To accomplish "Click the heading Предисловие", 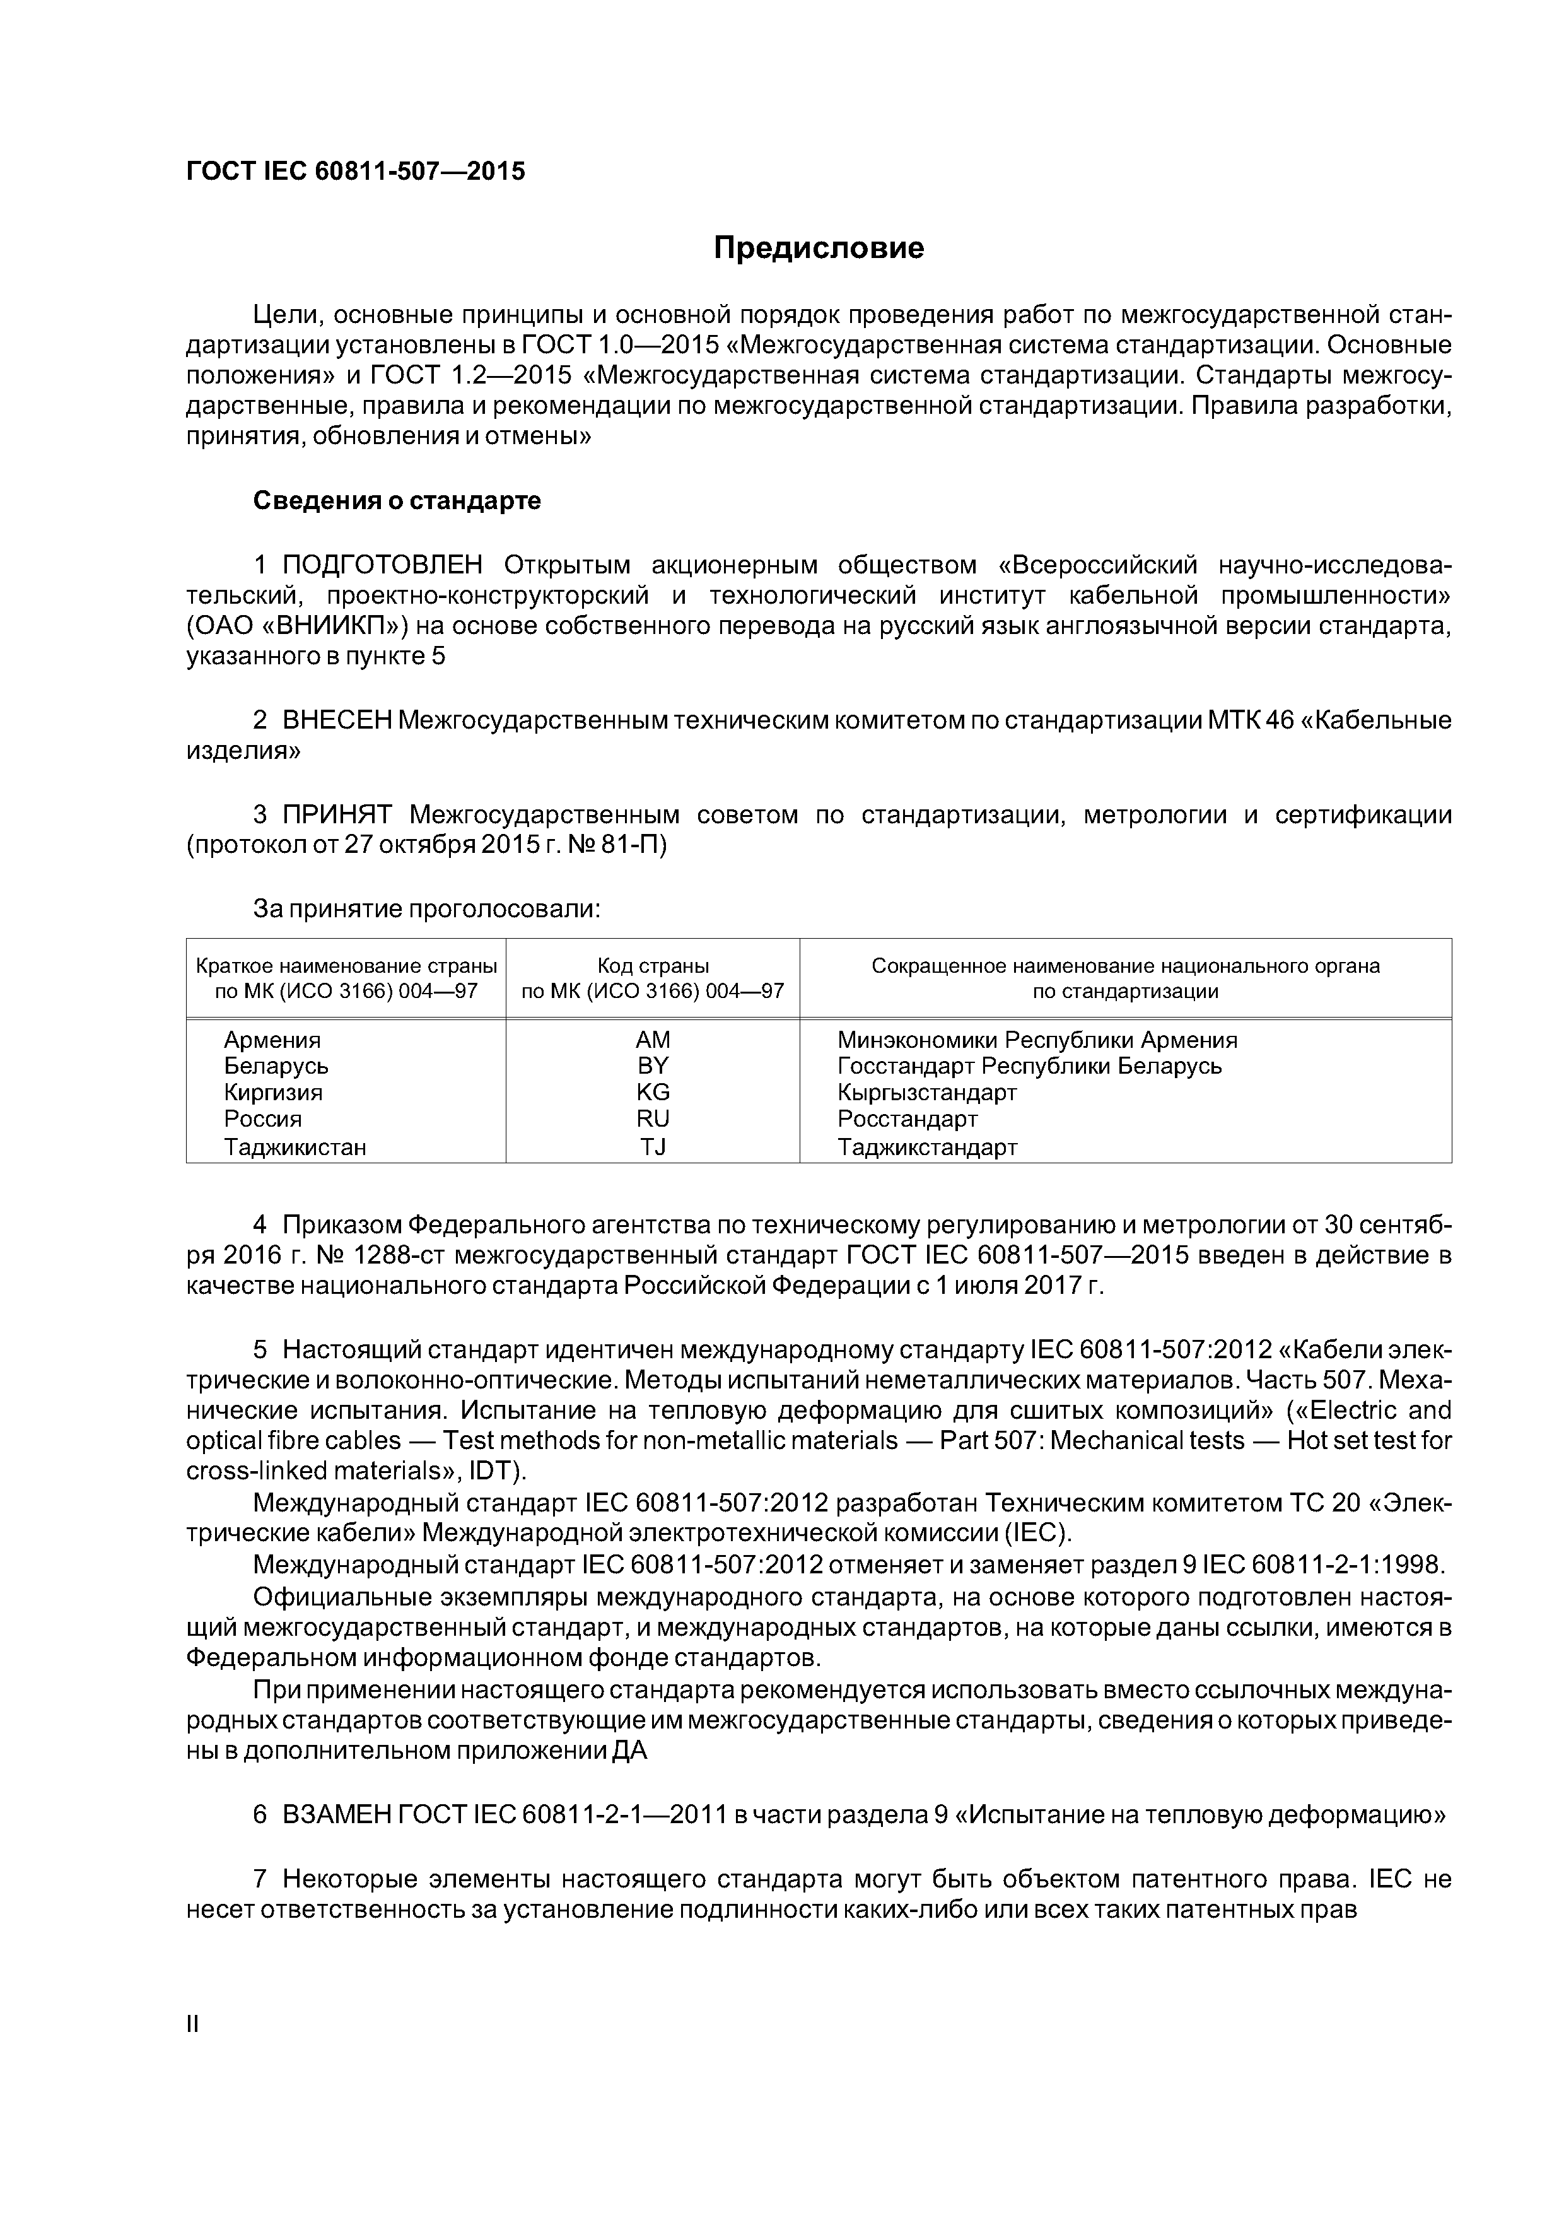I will [818, 249].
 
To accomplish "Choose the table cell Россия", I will [262, 1119].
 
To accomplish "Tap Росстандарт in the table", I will [907, 1119].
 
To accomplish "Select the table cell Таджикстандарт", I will [927, 1147].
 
